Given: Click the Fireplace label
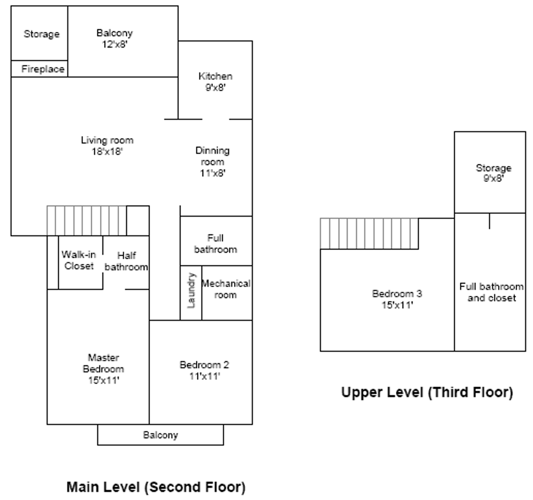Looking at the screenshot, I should pos(43,69).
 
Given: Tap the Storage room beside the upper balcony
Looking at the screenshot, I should pos(41,34).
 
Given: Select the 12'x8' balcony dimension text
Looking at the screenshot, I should pos(114,45).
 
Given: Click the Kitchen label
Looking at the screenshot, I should pos(215,76).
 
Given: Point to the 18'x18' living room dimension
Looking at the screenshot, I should pos(107,151).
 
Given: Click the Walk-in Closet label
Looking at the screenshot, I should pos(79,260).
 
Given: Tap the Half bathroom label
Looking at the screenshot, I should pos(126,261).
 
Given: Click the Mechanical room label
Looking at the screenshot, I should pos(226,289).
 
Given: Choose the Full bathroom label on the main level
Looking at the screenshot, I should pos(215,244).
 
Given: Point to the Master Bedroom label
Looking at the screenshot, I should pos(103,363).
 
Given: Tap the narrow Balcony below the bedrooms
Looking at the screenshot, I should pos(160,435).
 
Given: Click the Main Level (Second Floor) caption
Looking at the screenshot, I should pos(156,487).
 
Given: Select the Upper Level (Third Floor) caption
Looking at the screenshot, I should pos(427,393).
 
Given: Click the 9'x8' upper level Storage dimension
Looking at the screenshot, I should pos(493,178).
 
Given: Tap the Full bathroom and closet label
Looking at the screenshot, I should pos(491,292).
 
